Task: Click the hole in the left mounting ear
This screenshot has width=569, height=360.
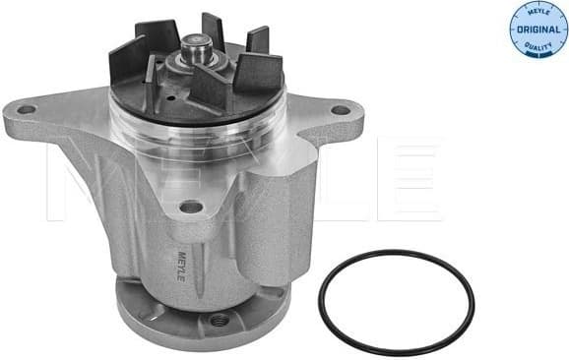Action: coord(28,108)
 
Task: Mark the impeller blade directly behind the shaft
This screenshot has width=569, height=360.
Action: coord(213,30)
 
